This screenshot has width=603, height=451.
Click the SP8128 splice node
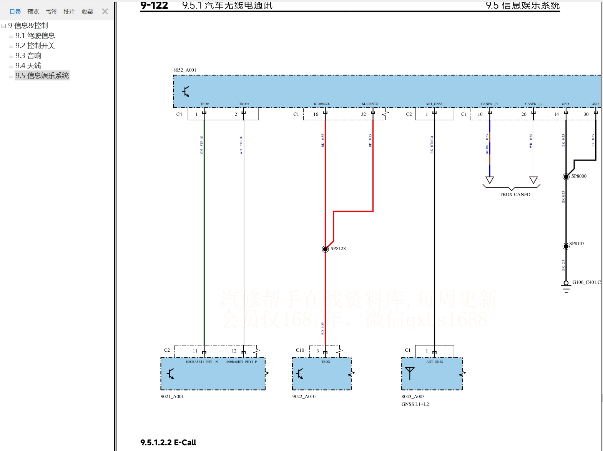[325, 249]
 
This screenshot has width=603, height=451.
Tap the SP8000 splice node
[566, 177]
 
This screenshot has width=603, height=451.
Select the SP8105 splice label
[576, 244]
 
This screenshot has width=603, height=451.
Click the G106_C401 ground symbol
[566, 286]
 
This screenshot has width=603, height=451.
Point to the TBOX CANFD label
[515, 195]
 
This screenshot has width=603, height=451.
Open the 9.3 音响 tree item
[28, 56]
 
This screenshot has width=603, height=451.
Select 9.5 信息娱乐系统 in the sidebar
[42, 76]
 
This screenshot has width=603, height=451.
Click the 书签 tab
[51, 12]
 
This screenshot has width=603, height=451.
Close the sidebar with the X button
[105, 12]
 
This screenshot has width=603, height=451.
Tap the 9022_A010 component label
[304, 397]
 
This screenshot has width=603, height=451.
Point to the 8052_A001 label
[184, 70]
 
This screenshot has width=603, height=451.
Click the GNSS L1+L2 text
[415, 404]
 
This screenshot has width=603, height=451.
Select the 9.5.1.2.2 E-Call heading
[168, 443]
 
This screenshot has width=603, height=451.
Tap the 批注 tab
[69, 12]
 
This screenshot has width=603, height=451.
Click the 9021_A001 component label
[172, 397]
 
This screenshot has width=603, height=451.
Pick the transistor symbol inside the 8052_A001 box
[186, 92]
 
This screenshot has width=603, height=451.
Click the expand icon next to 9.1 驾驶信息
[11, 36]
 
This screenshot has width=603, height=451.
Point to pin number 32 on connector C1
[363, 114]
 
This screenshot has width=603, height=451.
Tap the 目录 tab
[15, 12]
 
